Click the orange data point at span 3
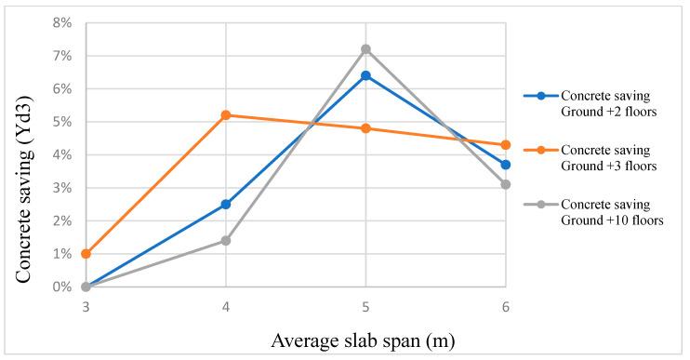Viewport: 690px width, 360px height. tap(86, 254)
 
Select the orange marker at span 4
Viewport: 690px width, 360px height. tap(226, 115)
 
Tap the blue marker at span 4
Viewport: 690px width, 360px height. tap(226, 205)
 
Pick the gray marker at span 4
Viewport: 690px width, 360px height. tap(226, 241)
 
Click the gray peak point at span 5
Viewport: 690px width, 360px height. tap(365, 49)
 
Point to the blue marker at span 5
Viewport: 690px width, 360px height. tap(365, 75)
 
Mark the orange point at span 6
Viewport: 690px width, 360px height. tap(505, 145)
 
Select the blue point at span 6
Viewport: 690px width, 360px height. tap(505, 165)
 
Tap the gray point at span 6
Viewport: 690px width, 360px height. tap(505, 184)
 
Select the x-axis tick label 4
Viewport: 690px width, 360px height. tap(226, 304)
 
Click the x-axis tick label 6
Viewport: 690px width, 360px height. tap(505, 304)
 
